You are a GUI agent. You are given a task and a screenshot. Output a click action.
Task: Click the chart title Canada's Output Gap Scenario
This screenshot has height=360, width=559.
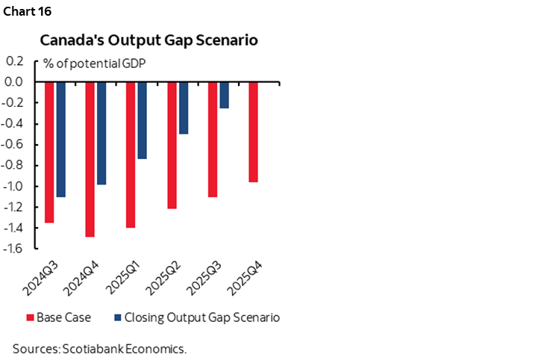pos(149,40)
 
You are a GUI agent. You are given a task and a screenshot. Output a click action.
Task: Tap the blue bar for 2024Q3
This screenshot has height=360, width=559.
pos(61,139)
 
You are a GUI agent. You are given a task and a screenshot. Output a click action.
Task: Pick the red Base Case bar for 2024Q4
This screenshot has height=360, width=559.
pos(90,159)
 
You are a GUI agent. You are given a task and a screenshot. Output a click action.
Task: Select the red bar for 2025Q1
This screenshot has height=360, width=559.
pos(131,154)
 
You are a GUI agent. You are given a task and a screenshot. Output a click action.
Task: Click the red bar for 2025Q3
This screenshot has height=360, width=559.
pos(212,139)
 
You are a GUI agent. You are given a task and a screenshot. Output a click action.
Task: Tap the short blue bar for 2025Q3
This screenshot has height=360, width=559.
pos(224,95)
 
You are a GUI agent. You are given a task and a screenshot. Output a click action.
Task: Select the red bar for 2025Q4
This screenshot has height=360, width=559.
pos(253,131)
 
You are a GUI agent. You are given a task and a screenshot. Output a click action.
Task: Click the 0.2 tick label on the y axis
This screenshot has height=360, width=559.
pos(15,61)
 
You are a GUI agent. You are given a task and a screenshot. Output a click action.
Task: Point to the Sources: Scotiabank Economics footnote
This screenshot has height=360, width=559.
pos(99,348)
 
